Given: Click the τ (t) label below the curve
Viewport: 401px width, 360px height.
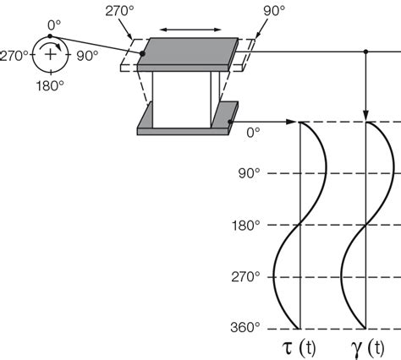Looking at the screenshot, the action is pos(299,347).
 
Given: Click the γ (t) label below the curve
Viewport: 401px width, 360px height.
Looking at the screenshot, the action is pos(368,348).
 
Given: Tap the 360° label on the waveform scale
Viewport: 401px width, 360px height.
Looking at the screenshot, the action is pos(245,328).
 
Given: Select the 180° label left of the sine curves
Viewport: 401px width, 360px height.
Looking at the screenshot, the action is pos(245,226).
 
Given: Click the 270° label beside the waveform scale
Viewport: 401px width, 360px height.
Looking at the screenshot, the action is pos(245,277).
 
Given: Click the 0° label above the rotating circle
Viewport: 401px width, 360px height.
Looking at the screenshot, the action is pos(54,25).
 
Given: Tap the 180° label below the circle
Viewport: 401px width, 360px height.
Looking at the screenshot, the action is pos(50,85).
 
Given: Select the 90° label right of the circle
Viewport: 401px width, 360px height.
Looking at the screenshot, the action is pos(87,56).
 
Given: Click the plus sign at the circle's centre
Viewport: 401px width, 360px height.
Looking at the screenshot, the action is pos(51,54).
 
